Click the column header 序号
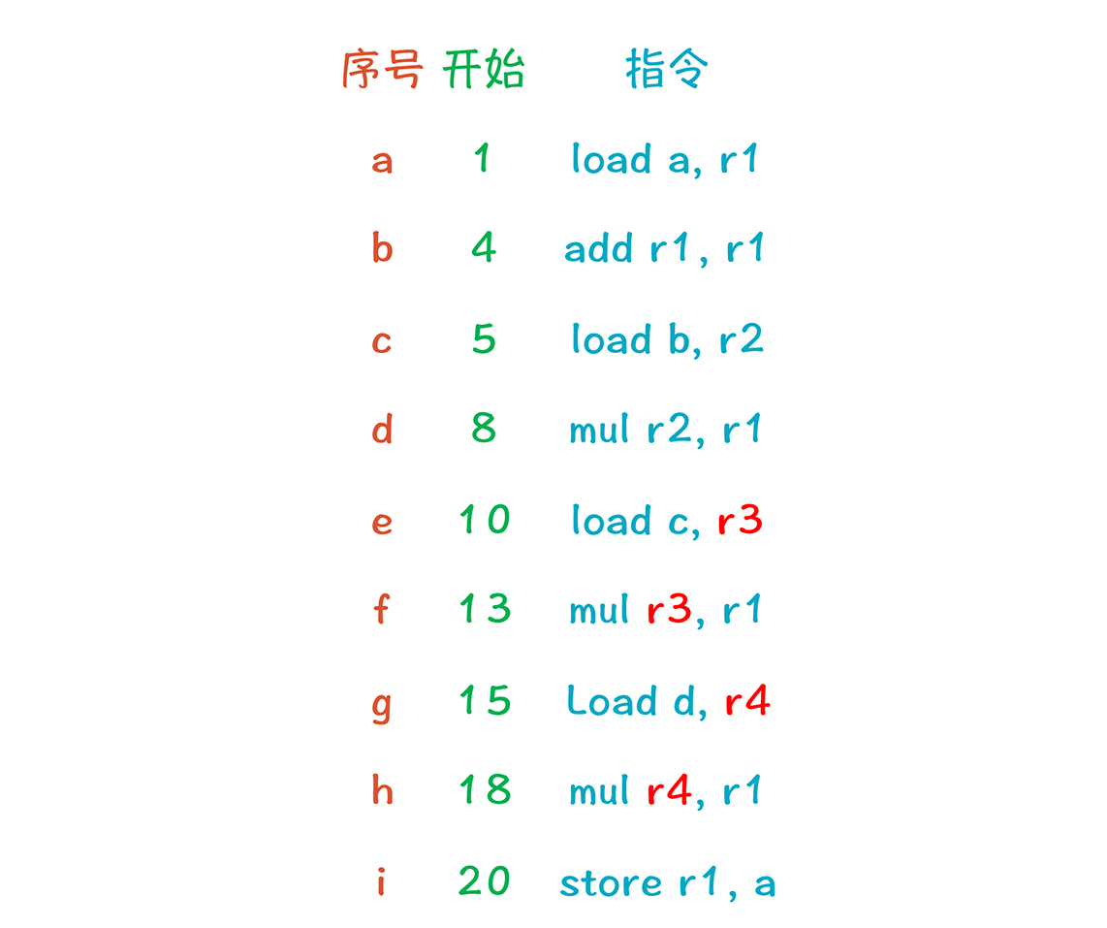pyautogui.click(x=382, y=70)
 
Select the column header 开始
pyautogui.click(x=484, y=70)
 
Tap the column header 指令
pyautogui.click(x=667, y=70)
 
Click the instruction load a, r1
pyautogui.click(x=664, y=159)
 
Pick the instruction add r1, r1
pyautogui.click(x=664, y=249)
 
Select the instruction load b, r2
pyautogui.click(x=667, y=339)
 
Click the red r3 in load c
pyautogui.click(x=740, y=521)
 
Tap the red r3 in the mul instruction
pyautogui.click(x=668, y=610)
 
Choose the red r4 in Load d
pyautogui.click(x=746, y=700)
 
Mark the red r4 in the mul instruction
pyautogui.click(x=669, y=791)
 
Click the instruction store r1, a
pyautogui.click(x=667, y=882)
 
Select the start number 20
pyautogui.click(x=484, y=881)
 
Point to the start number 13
pyautogui.click(x=484, y=609)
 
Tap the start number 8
pyautogui.click(x=484, y=428)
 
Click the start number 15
pyautogui.click(x=484, y=700)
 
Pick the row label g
pyautogui.click(x=382, y=703)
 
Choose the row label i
pyautogui.click(x=381, y=881)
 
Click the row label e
pyautogui.click(x=382, y=522)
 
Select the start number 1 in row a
pyautogui.click(x=482, y=159)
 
